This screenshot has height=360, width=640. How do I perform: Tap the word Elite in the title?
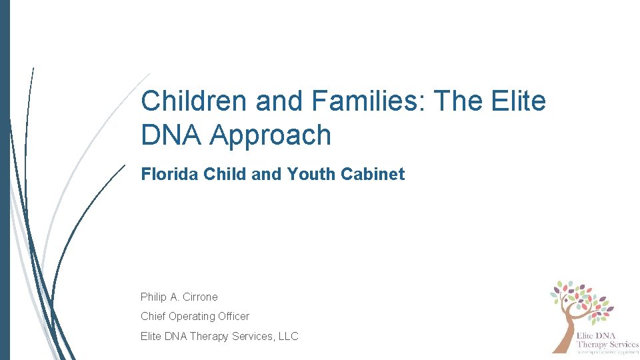pos(520,101)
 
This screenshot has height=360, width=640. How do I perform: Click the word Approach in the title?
pos(270,135)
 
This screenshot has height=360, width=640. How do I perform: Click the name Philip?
pos(155,297)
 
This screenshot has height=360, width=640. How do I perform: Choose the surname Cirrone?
pos(200,297)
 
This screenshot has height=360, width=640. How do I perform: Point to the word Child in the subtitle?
pos(223,175)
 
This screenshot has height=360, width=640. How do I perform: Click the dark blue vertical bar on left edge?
pos(5,180)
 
